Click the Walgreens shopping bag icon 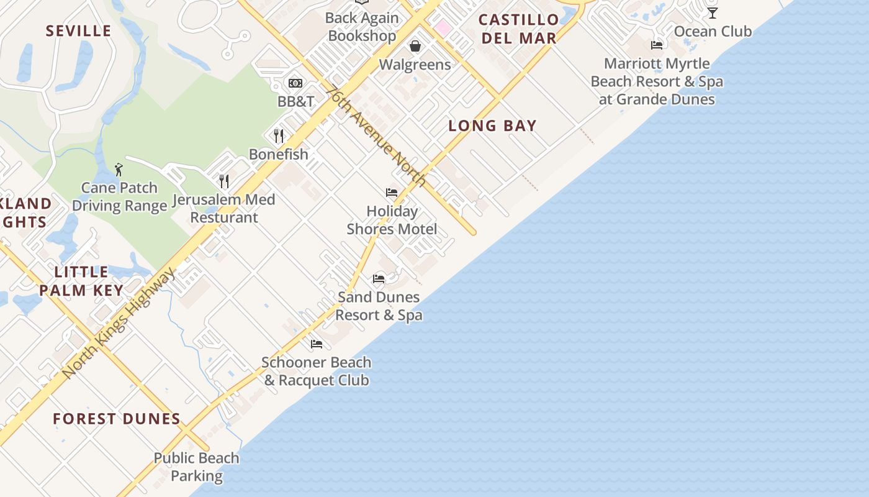point(415,46)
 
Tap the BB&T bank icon point(295,83)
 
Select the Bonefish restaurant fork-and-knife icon point(279,135)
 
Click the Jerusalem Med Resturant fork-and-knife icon point(224,181)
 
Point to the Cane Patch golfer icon point(119,169)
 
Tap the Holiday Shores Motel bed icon point(392,193)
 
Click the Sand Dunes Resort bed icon point(379,278)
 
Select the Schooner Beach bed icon point(317,344)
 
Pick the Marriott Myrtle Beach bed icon point(657,45)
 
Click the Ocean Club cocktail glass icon point(713,12)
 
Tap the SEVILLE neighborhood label point(79,30)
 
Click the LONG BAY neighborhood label point(492,125)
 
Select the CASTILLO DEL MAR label point(519,29)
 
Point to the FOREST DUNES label point(117,419)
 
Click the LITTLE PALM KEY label point(81,281)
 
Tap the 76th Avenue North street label point(377,136)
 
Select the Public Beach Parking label point(197,467)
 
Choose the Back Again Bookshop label point(362,27)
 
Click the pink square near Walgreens point(443,27)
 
